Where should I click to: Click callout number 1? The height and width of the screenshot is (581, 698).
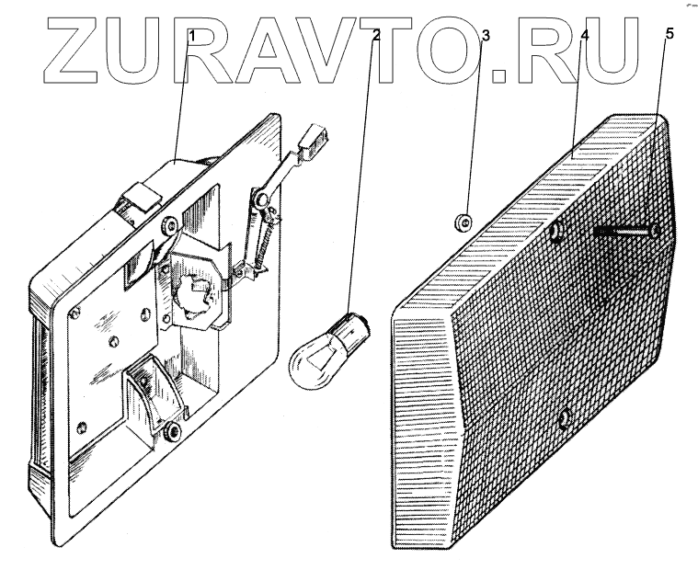tap(192, 36)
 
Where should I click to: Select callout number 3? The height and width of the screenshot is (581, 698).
tap(484, 36)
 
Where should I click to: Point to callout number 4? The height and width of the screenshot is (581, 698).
tap(584, 36)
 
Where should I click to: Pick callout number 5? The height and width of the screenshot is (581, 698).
tap(669, 35)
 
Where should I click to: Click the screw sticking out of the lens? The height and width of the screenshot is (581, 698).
tap(624, 233)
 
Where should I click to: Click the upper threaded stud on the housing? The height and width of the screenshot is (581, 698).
tap(169, 225)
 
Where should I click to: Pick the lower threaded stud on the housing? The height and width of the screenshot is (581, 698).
tap(171, 429)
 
